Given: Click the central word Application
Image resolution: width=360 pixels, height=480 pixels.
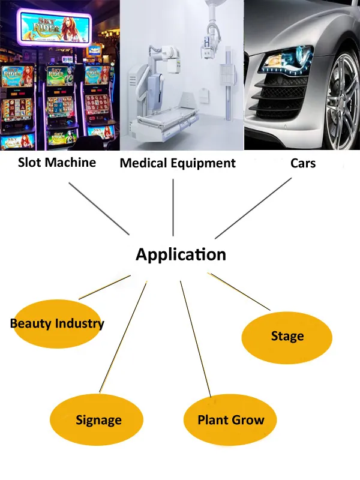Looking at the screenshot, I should [x=181, y=254].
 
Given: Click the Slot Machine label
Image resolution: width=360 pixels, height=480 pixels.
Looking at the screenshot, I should [x=57, y=162].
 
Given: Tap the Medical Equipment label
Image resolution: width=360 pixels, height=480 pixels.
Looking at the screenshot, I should [x=178, y=163].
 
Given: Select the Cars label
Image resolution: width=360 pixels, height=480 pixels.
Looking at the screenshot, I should [x=302, y=163].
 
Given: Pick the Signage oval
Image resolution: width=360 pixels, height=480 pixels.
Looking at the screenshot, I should [x=97, y=420].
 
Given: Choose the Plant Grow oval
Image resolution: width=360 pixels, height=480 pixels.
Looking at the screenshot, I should [x=230, y=420].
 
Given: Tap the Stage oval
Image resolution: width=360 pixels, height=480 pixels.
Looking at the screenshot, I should [x=287, y=336].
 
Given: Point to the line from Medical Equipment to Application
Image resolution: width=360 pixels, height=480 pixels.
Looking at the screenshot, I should [x=173, y=207].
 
